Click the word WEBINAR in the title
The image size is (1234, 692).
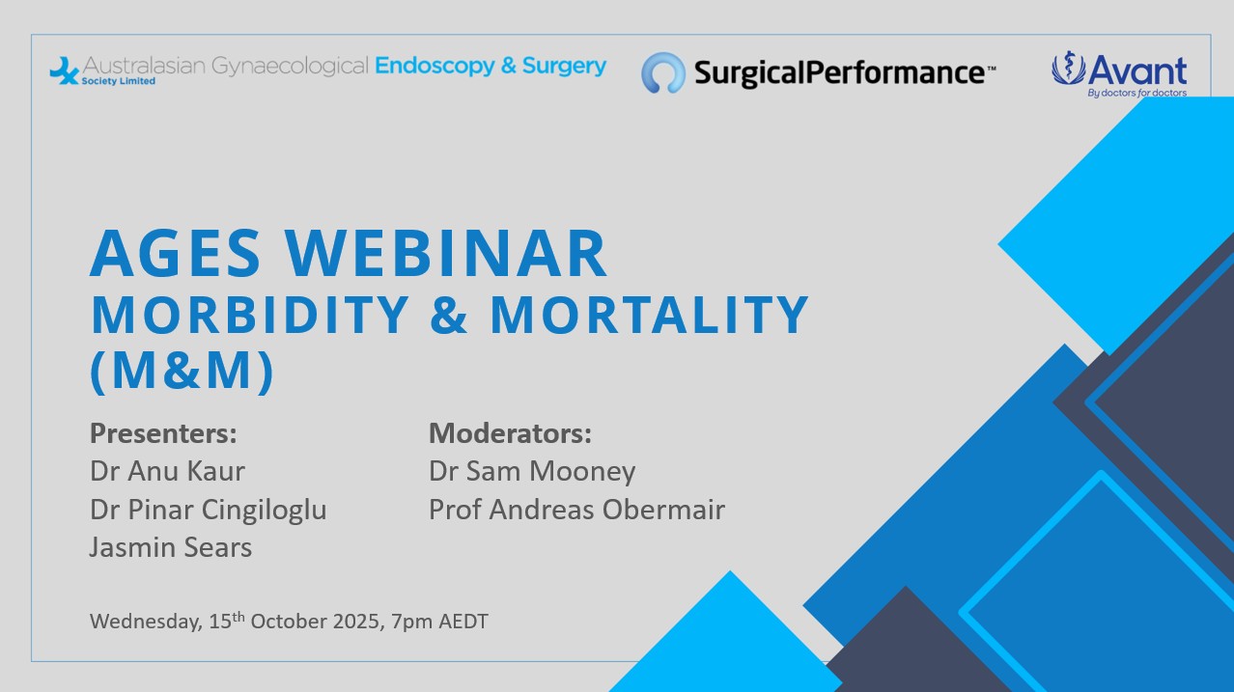(446, 253)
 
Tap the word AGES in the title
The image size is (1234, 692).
(175, 253)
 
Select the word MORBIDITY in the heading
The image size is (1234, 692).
(250, 315)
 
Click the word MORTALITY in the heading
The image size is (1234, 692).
(650, 315)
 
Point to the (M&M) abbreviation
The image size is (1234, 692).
(182, 371)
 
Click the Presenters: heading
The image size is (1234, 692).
(163, 433)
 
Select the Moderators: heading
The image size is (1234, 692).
(510, 433)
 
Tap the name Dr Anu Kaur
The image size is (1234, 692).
(167, 471)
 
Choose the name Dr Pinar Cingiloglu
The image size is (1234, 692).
(209, 511)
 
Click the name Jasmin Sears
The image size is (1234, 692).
(171, 548)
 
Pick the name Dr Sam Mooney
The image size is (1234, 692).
(532, 472)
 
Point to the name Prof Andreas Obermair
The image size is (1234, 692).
(576, 510)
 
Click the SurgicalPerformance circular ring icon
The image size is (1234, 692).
(663, 72)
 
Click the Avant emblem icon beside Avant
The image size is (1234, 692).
(1068, 68)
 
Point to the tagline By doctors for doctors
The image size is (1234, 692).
(1137, 93)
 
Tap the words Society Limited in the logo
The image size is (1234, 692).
(119, 81)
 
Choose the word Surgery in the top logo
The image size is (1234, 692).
(564, 66)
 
